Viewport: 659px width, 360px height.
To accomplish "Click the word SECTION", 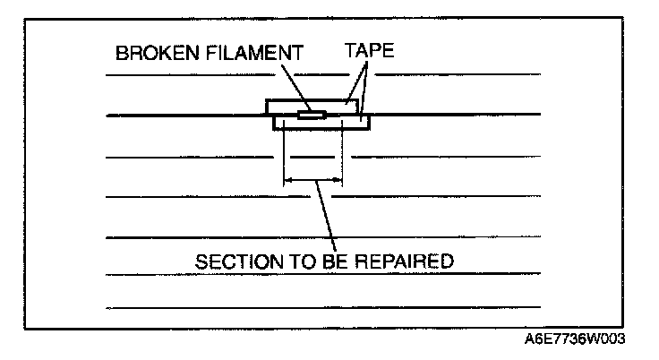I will coord(235,261).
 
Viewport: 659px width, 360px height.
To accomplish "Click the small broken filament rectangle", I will coord(312,115).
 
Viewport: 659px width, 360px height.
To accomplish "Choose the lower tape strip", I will coord(354,123).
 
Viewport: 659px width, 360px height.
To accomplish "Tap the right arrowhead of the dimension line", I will coord(339,182).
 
